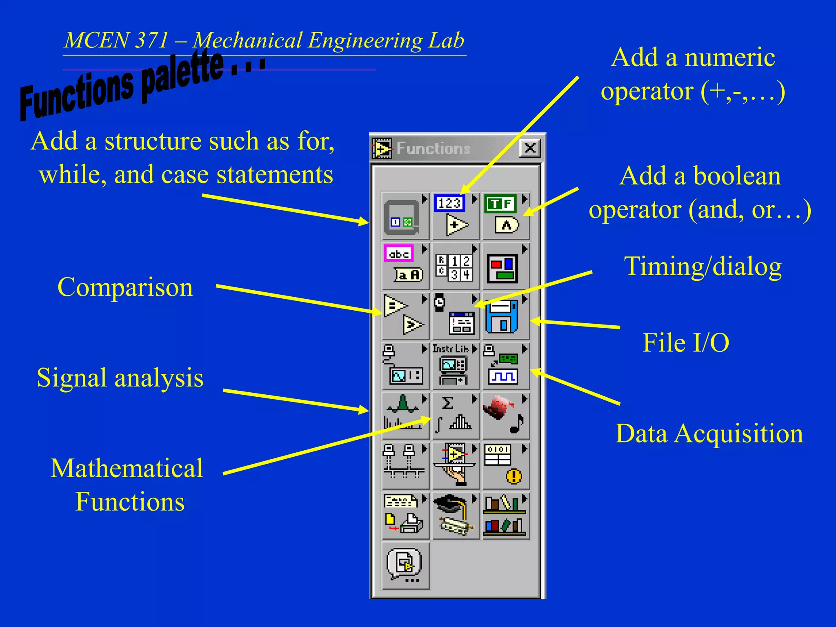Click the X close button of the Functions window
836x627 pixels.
click(x=530, y=148)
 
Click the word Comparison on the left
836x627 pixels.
click(x=125, y=287)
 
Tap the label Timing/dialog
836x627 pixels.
click(x=703, y=267)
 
